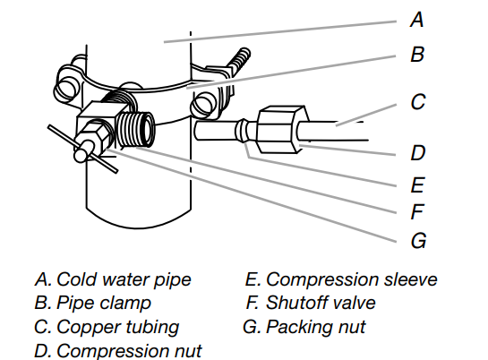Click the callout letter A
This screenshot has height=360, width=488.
pyautogui.click(x=416, y=20)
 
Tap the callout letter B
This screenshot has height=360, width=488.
pyautogui.click(x=417, y=54)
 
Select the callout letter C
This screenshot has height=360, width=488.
pyautogui.click(x=417, y=102)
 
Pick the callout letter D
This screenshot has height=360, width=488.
pyautogui.click(x=417, y=153)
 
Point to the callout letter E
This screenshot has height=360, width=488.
pyautogui.click(x=417, y=184)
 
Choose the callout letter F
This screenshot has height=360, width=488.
pyautogui.click(x=417, y=211)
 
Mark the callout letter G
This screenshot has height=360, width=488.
pyautogui.click(x=418, y=241)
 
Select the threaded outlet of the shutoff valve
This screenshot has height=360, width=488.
pyautogui.click(x=135, y=129)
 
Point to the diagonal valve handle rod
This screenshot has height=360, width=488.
pyautogui.click(x=82, y=149)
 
